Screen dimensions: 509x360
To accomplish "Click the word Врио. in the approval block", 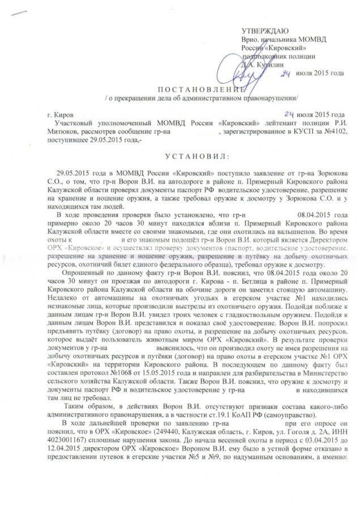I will click(250, 39).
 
